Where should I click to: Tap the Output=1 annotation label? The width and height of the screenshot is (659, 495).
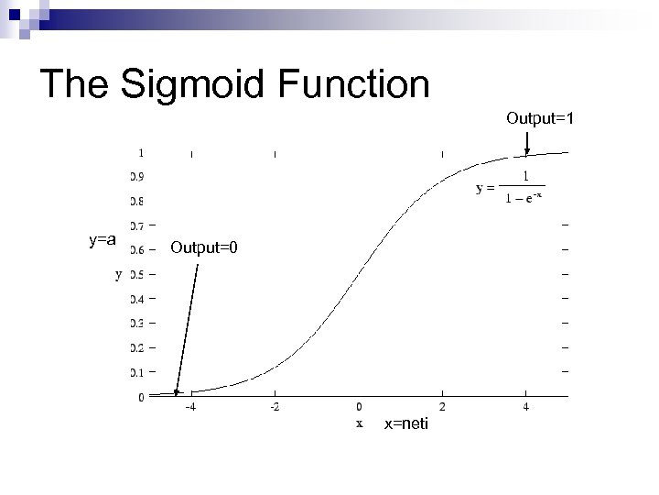[540, 118]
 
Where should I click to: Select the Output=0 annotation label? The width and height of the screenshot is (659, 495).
[203, 247]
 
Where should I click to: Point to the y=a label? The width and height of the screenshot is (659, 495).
[102, 240]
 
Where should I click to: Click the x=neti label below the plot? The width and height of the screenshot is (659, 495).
[405, 423]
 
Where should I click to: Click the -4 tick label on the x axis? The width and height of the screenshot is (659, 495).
[190, 408]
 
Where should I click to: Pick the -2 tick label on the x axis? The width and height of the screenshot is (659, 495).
[275, 408]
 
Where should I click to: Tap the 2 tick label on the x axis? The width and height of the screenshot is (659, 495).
[443, 408]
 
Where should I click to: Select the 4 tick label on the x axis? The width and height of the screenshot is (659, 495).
[526, 408]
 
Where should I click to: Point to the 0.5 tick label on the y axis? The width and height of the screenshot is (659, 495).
[135, 274]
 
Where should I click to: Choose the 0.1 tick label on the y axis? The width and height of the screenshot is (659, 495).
[135, 372]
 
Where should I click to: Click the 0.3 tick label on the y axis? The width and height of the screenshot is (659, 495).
[135, 324]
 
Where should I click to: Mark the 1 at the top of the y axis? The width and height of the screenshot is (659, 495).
[140, 152]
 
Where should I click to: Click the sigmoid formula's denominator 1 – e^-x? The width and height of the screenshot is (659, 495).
[524, 200]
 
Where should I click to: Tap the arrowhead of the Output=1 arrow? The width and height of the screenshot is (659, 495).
[527, 152]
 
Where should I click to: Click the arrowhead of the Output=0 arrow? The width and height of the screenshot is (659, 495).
[178, 392]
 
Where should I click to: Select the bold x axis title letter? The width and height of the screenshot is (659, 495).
[359, 423]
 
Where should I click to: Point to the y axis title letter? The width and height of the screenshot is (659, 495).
[118, 273]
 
